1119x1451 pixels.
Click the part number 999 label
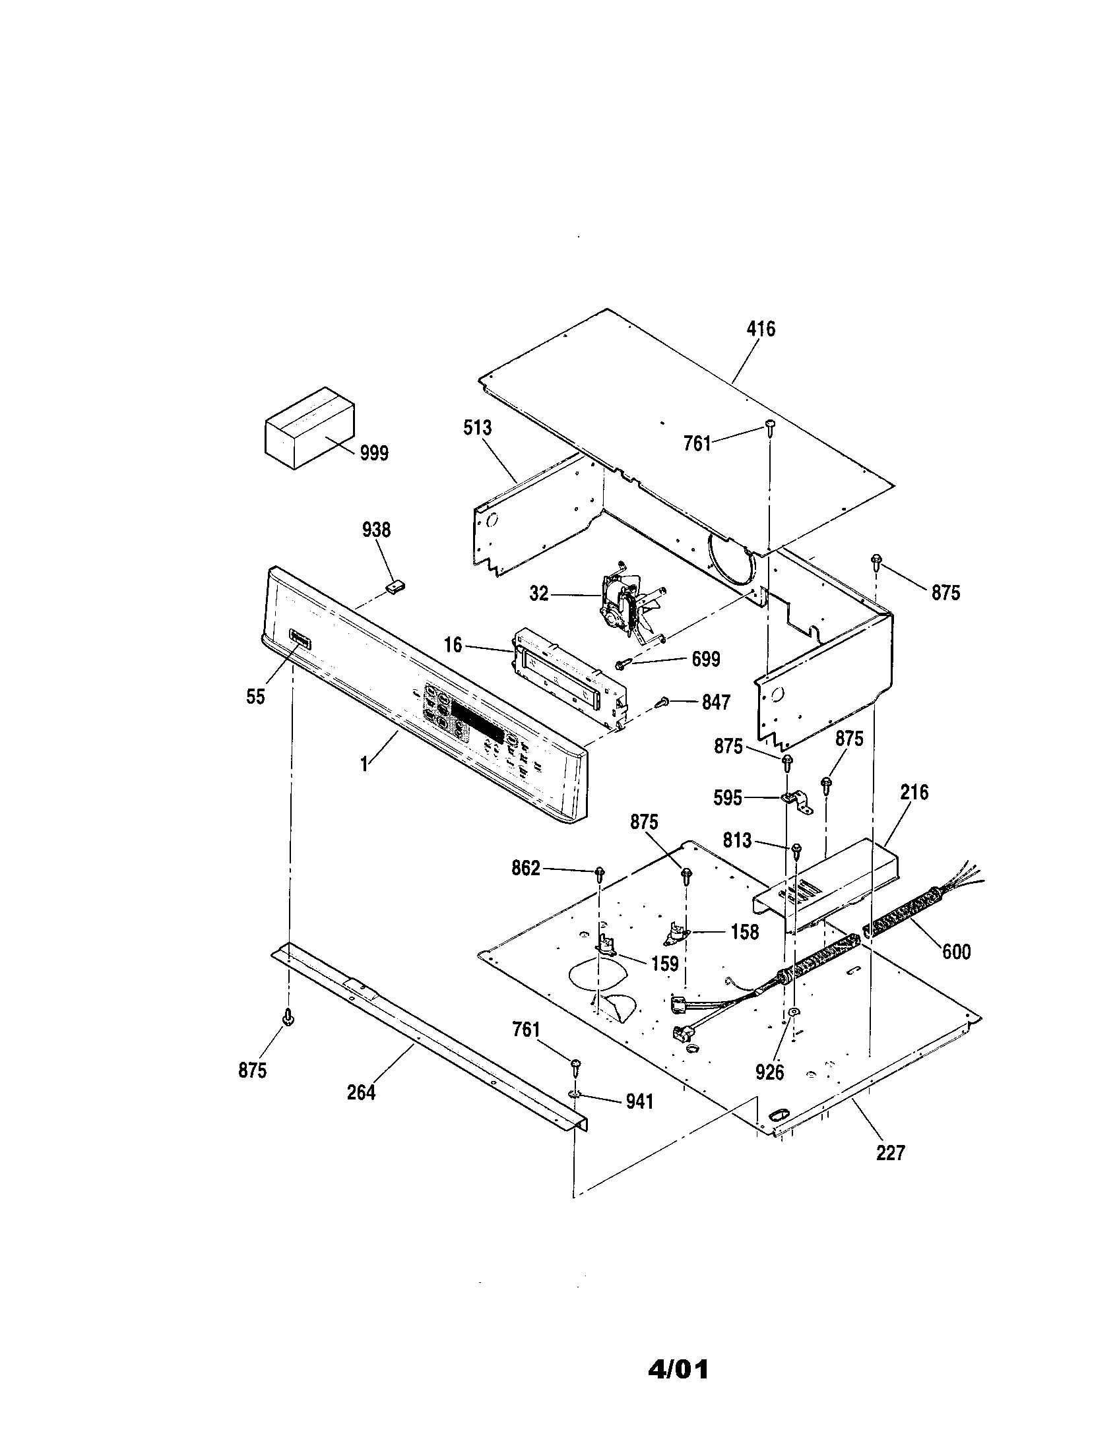point(373,454)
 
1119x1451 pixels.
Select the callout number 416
point(761,329)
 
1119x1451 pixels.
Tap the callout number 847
point(716,702)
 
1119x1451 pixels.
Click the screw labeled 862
point(599,873)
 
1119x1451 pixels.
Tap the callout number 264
point(361,1092)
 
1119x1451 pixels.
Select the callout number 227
point(890,1153)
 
